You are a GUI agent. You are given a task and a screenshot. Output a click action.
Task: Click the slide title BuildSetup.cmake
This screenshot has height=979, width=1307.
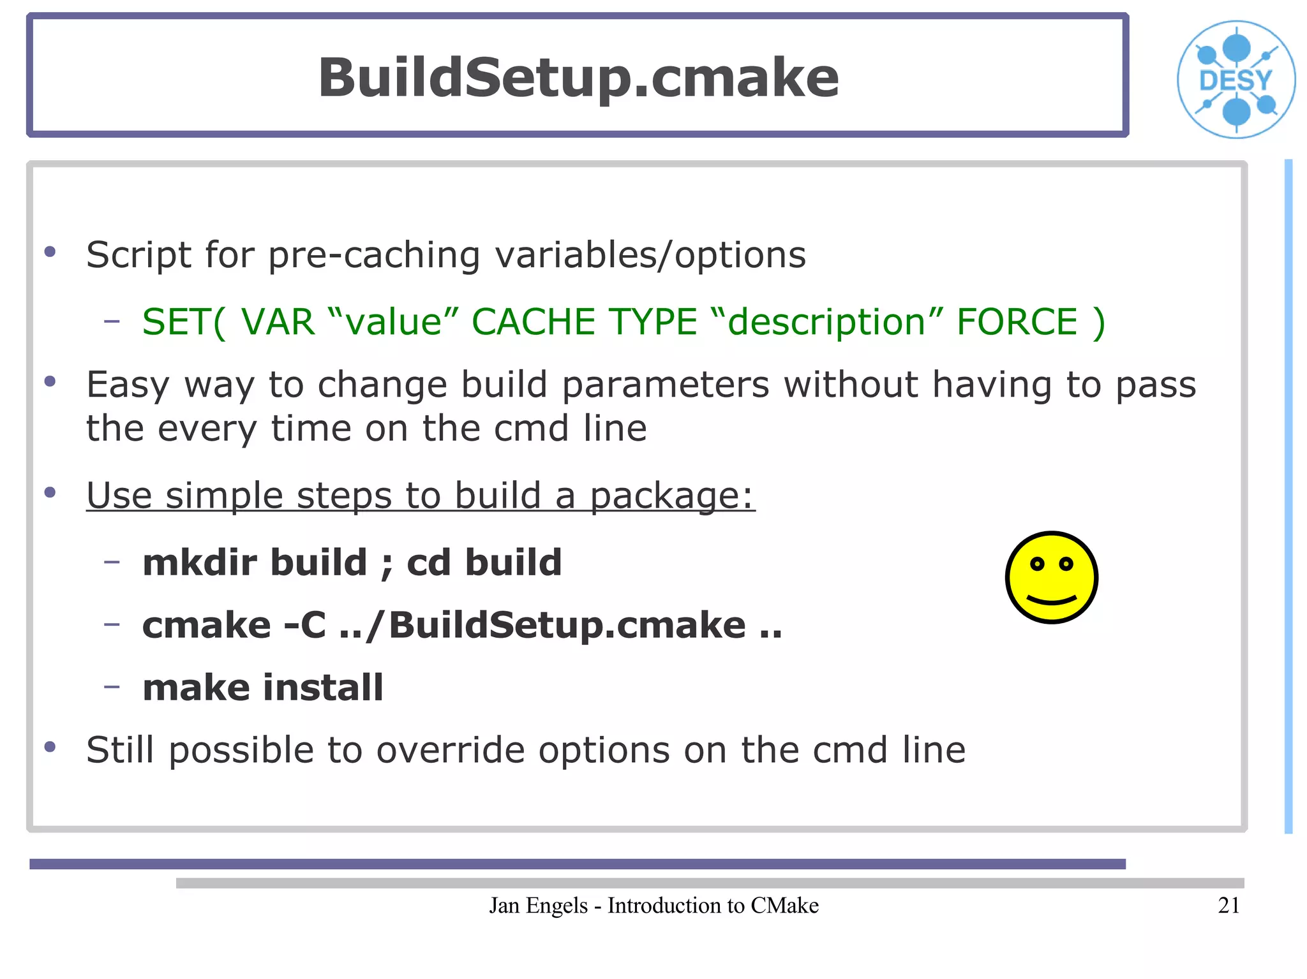(x=578, y=78)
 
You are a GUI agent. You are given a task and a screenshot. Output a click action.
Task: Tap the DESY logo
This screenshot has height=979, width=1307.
(x=1236, y=80)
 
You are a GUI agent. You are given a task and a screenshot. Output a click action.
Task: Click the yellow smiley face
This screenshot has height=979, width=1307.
(x=1051, y=577)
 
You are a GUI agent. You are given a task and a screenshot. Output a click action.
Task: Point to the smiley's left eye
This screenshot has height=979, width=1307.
(x=1037, y=564)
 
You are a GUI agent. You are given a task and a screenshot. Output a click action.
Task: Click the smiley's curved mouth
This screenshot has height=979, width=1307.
(x=1051, y=600)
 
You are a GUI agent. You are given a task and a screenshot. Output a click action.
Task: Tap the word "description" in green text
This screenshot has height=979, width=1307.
(x=826, y=321)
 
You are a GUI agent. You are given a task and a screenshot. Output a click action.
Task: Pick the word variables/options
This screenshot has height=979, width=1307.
(x=650, y=255)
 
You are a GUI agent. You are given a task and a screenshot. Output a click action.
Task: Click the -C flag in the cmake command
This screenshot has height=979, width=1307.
(x=305, y=625)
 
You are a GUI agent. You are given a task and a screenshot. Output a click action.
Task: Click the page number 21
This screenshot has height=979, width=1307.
(x=1229, y=906)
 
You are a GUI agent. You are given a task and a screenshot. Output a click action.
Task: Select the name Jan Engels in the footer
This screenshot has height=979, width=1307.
(x=538, y=906)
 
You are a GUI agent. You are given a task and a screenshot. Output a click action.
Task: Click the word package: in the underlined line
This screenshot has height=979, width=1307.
(x=671, y=496)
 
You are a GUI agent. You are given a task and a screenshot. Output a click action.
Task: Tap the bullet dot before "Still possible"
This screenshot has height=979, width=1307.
(x=50, y=746)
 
